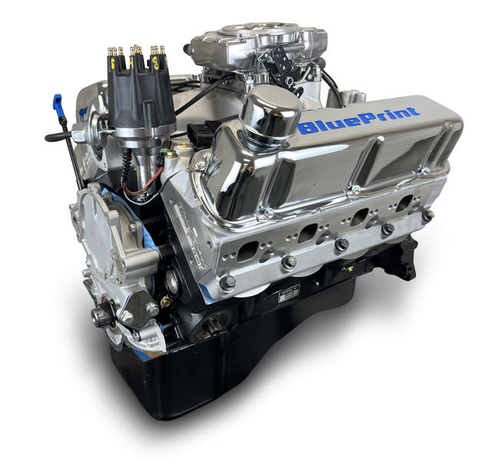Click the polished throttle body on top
pos(244,46)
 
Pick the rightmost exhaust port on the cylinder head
pos(403,204)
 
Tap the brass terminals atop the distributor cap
pos(137,52)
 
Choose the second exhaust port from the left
pos(309,233)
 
